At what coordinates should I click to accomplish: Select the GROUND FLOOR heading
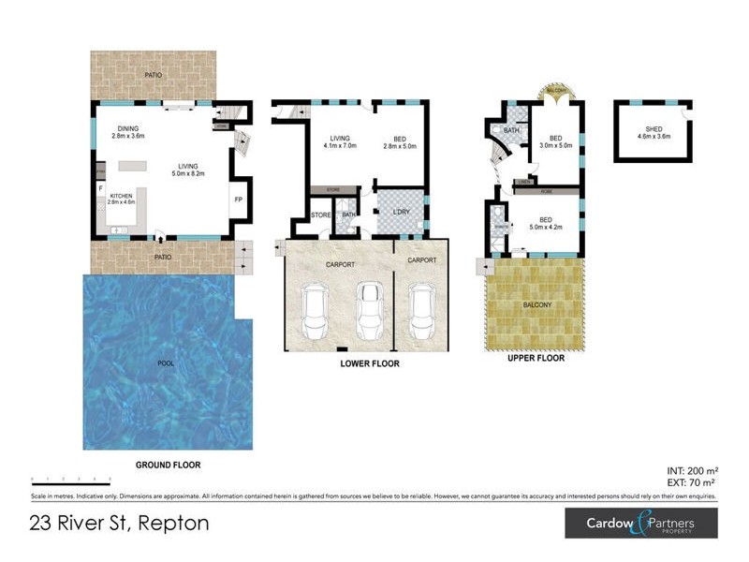169,465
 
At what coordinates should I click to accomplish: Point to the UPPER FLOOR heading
535,358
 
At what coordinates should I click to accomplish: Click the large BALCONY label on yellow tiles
535,305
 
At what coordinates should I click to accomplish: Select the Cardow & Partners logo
640,522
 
